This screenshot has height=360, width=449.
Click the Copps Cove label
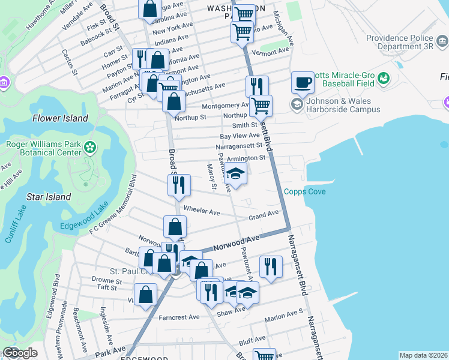(x=305, y=191)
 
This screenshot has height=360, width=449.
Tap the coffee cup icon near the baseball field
(x=303, y=83)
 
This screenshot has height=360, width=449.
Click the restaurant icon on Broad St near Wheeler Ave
(x=178, y=185)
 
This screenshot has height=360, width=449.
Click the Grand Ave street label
(x=264, y=213)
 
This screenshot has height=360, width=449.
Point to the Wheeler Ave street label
(x=202, y=211)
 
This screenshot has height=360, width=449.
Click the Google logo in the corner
(x=19, y=353)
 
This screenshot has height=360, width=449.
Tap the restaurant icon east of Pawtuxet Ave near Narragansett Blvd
(x=271, y=267)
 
